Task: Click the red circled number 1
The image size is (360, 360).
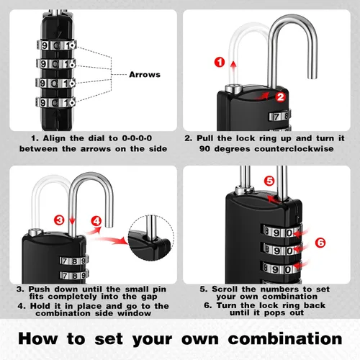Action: [x=220, y=62]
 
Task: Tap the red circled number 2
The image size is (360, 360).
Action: [x=280, y=97]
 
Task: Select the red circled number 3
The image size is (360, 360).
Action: [x=59, y=220]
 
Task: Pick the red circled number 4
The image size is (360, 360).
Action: [x=96, y=221]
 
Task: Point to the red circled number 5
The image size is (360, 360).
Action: [x=269, y=181]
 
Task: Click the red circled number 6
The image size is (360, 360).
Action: [x=320, y=243]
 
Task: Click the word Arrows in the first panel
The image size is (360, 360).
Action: [x=145, y=75]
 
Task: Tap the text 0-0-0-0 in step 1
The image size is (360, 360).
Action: [x=137, y=138]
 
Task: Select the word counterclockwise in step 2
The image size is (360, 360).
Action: [x=294, y=149]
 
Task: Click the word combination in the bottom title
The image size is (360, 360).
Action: [x=285, y=339]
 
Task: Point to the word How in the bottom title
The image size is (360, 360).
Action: [x=38, y=339]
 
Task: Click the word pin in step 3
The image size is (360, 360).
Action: [x=159, y=289]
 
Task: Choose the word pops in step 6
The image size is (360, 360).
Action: [x=274, y=313]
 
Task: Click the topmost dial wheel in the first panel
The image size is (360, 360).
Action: [x=57, y=45]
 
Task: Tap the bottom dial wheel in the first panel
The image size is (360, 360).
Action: [x=55, y=102]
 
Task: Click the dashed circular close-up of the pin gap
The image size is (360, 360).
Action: [x=151, y=238]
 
